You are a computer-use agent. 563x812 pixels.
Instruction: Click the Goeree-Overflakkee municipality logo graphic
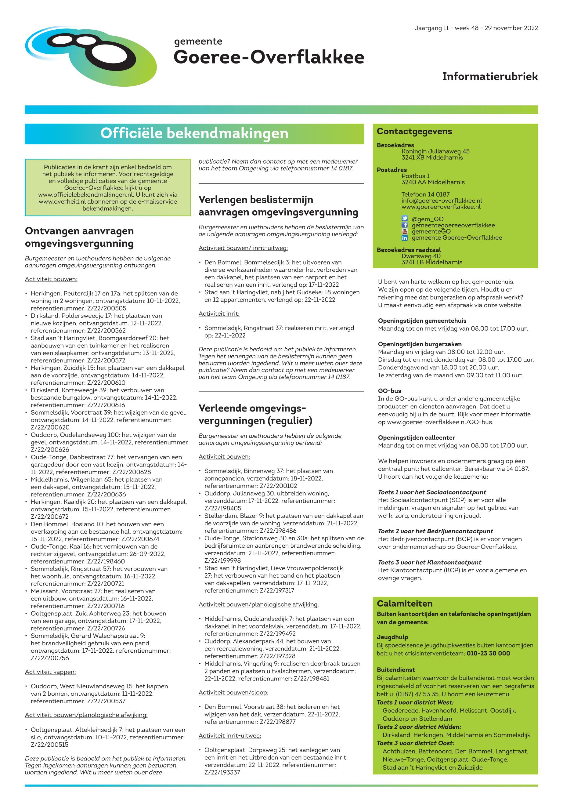tap(91, 56)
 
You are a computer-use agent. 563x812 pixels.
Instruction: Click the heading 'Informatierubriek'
tap(490, 77)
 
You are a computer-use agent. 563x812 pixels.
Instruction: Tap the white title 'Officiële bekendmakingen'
tap(194, 133)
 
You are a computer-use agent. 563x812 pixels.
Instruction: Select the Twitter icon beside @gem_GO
tap(405, 219)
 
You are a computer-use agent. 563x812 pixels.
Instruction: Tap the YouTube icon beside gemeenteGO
tap(405, 231)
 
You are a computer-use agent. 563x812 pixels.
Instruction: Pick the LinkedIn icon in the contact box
tap(405, 238)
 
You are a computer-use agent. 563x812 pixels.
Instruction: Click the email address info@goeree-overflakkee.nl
tap(441, 201)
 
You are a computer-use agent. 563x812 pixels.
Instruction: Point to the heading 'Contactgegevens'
tap(414, 132)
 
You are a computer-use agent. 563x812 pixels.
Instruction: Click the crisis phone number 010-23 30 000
tap(488, 653)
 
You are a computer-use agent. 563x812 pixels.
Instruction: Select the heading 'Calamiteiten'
tap(404, 604)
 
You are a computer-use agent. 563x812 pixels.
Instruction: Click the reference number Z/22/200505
tap(106, 308)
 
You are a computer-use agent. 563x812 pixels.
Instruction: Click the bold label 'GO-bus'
tap(389, 391)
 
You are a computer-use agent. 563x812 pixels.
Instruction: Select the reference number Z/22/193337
tap(222, 773)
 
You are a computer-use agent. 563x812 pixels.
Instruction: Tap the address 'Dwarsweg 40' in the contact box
tap(421, 256)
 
